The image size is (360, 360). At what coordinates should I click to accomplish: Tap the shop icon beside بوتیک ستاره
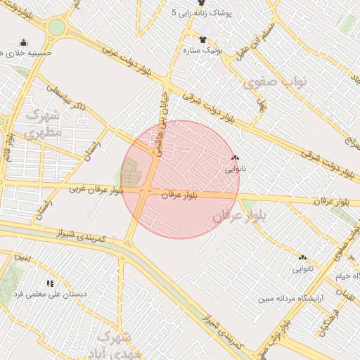click(202, 39)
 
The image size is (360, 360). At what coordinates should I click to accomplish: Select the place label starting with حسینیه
click(30, 53)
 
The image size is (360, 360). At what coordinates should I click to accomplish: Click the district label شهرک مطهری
click(42, 123)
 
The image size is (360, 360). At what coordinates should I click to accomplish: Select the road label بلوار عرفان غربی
click(96, 189)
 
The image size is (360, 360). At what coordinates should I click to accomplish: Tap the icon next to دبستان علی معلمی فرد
click(49, 283)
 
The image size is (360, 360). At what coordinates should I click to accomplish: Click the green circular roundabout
click(56, 28)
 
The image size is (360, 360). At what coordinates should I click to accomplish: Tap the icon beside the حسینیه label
click(24, 42)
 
